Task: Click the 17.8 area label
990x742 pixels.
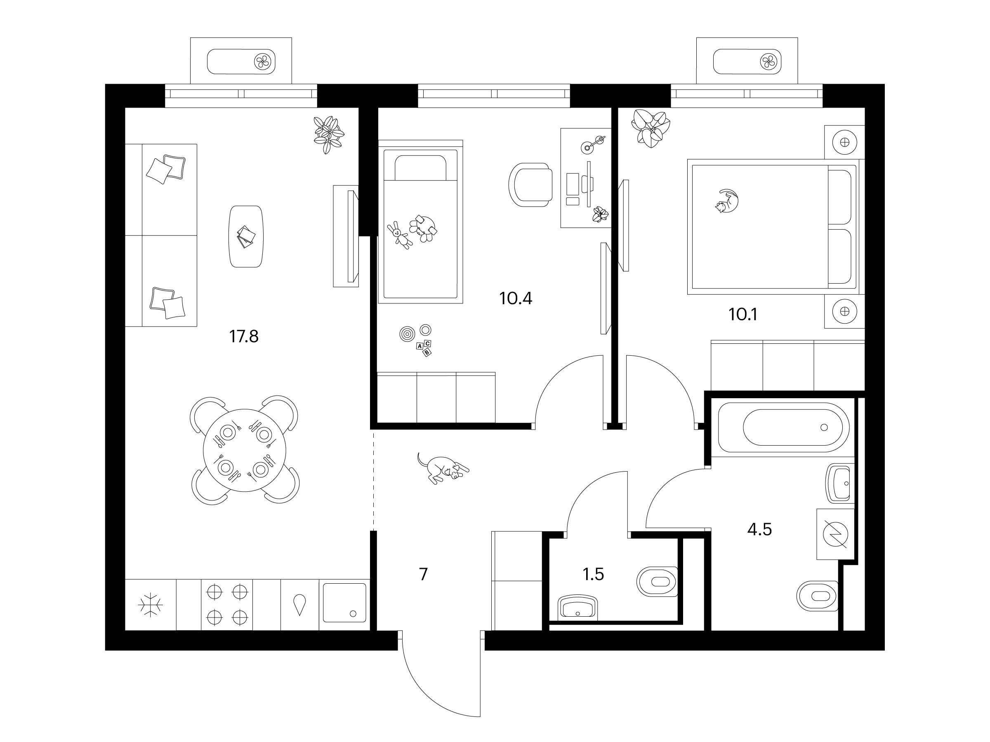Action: click(244, 336)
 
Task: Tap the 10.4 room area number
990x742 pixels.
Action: click(516, 298)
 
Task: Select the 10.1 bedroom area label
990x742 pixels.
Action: click(743, 315)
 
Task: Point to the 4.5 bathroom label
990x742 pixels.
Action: click(759, 530)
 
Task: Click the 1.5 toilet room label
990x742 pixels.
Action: click(594, 574)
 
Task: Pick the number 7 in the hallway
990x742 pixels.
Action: click(423, 574)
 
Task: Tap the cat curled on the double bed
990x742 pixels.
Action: click(727, 201)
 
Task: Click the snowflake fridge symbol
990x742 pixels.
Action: click(151, 606)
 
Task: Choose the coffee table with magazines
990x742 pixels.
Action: click(246, 237)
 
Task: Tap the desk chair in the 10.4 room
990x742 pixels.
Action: click(530, 185)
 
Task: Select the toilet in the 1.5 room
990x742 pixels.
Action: click(657, 581)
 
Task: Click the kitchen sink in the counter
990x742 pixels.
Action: click(344, 603)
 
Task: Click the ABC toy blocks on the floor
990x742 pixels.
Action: click(424, 348)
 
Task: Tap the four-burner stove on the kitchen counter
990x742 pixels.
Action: click(227, 605)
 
